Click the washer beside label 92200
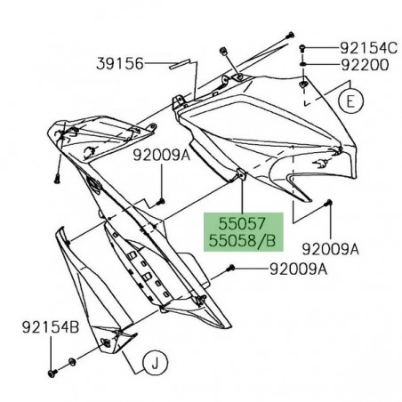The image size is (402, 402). pos(304,65)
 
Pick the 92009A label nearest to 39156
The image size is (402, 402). pos(161,154)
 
